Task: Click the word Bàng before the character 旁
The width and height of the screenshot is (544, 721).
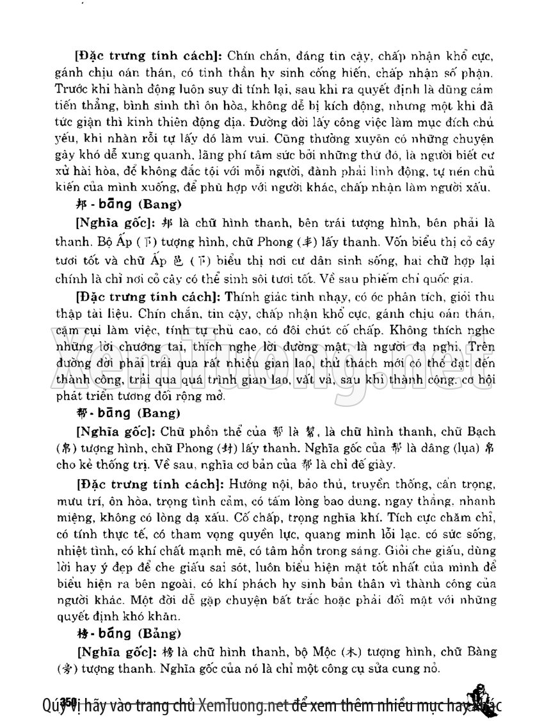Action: pos(483,653)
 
